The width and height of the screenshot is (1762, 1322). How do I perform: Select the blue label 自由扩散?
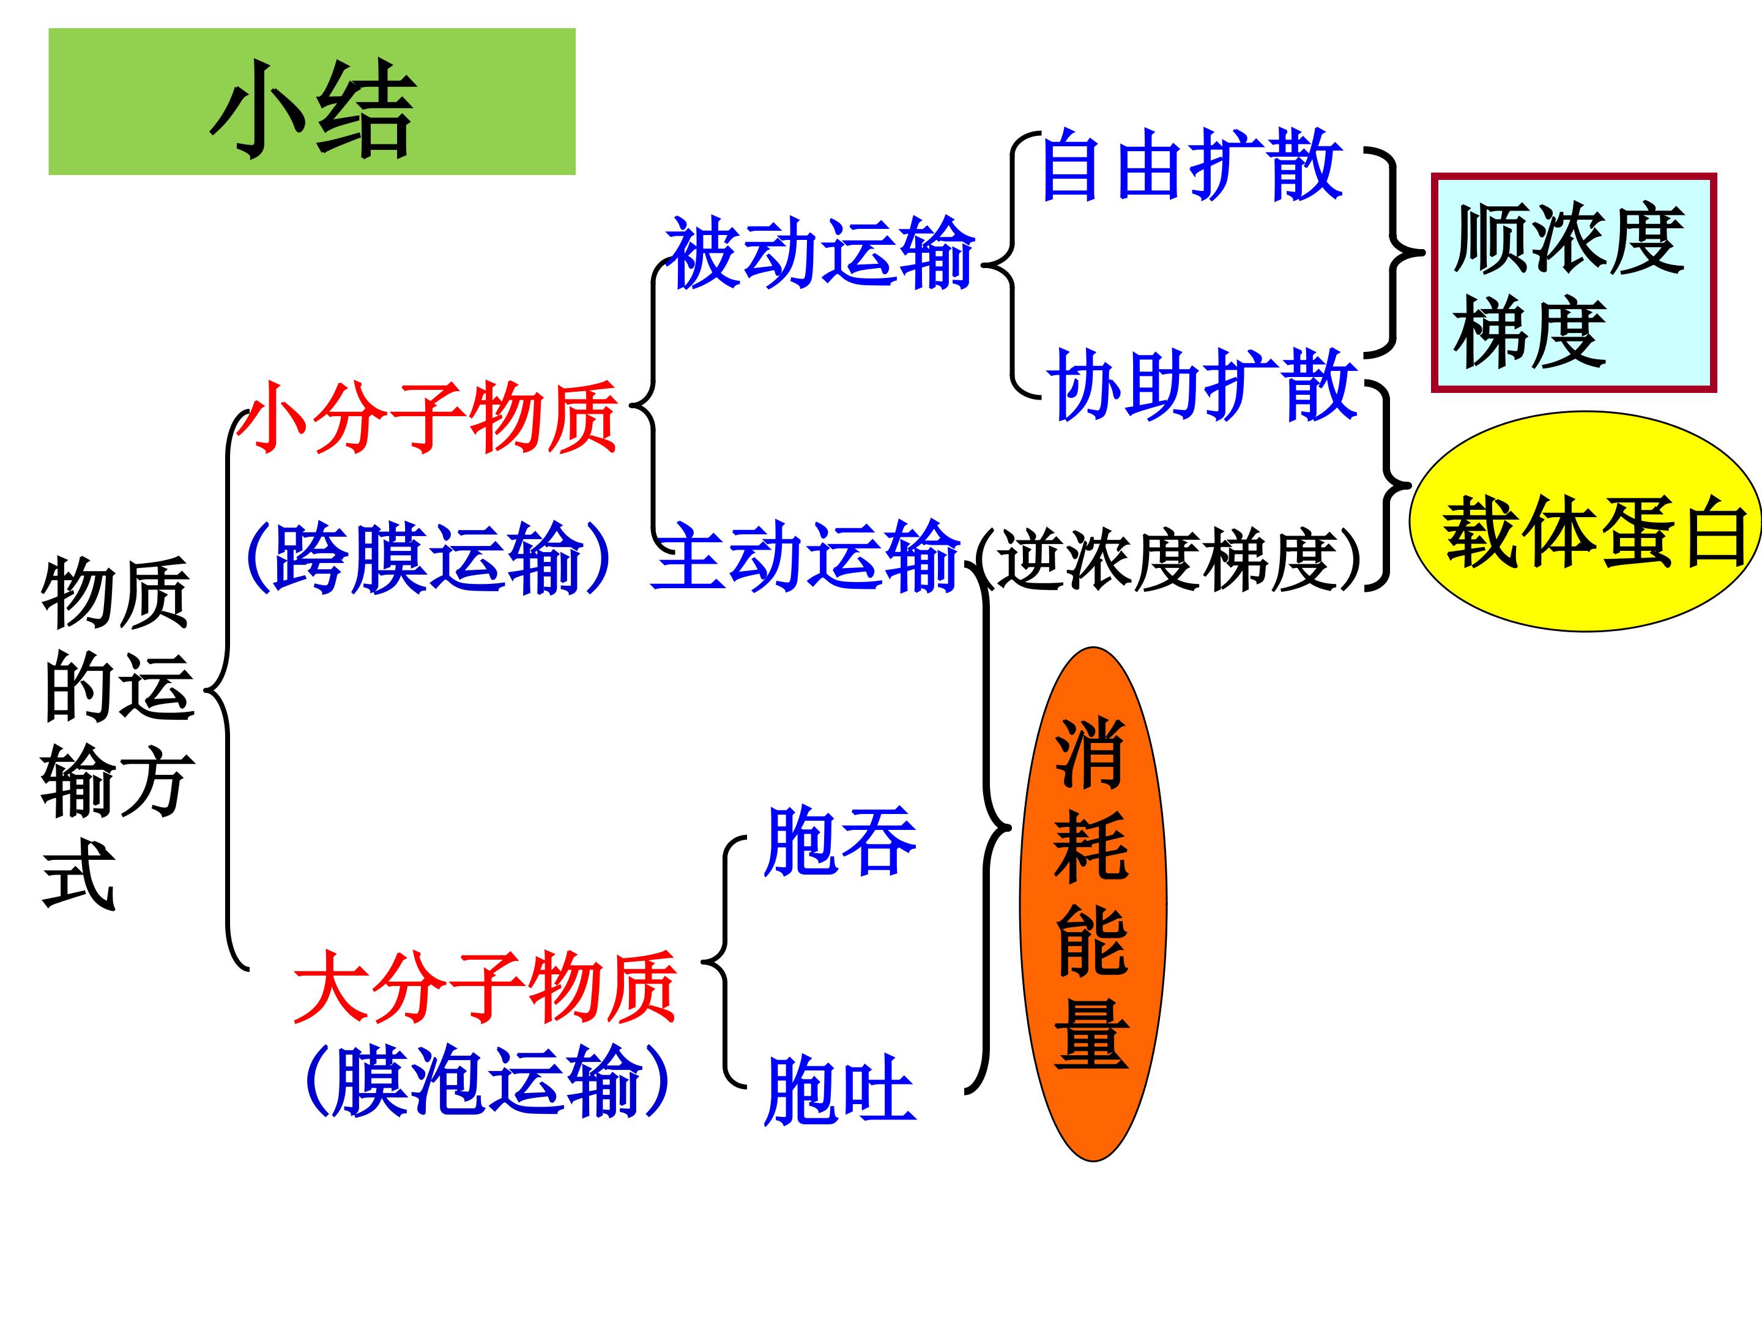(1192, 166)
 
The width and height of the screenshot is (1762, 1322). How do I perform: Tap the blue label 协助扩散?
(1203, 385)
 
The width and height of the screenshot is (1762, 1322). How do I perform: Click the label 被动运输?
(820, 253)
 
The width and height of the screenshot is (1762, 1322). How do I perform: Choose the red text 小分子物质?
(431, 417)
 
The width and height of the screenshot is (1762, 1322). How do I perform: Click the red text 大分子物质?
(485, 987)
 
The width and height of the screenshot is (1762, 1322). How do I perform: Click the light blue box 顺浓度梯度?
(1573, 283)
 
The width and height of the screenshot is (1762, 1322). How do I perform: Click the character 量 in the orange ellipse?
(1092, 1034)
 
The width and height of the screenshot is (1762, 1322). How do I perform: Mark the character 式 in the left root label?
(80, 876)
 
